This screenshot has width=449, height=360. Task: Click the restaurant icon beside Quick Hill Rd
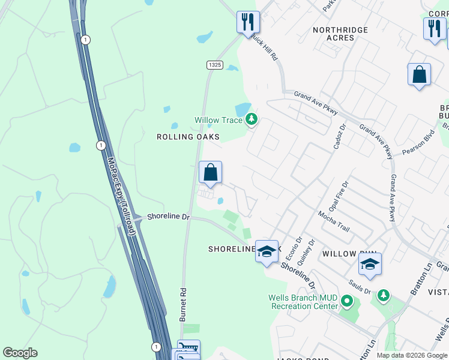[x=248, y=23]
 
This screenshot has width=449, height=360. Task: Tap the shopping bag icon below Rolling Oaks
[x=210, y=173]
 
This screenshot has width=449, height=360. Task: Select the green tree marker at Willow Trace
[x=252, y=120]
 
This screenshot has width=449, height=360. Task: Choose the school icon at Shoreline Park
[x=267, y=251]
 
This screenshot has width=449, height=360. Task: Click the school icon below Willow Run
[x=370, y=265]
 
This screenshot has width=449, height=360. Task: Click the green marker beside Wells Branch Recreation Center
[x=346, y=300]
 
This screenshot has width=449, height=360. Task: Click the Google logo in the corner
[x=20, y=353]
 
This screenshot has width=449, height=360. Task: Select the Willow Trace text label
[x=218, y=120]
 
